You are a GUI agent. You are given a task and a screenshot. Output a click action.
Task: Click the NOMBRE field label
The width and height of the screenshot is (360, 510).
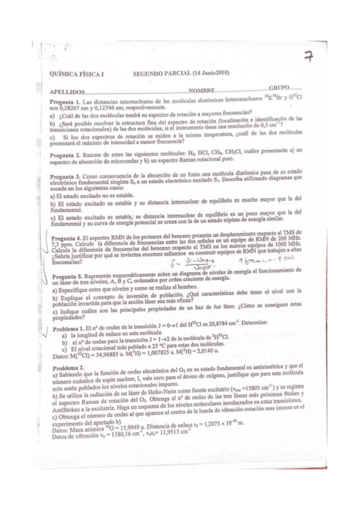point(201,90)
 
